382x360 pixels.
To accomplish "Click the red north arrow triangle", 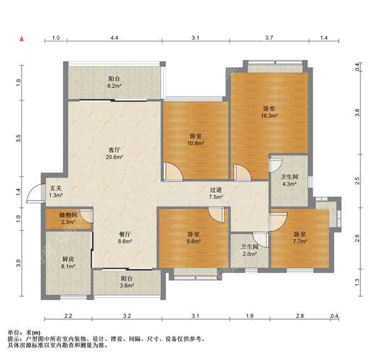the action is [22, 38].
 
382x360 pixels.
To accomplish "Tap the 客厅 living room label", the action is [114, 149].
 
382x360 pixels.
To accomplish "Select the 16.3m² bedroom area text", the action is [269, 116].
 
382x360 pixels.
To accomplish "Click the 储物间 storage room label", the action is [69, 215].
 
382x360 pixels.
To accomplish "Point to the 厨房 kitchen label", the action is [68, 259].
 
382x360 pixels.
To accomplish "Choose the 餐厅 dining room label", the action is [125, 234].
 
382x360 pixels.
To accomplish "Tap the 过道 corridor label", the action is [216, 189].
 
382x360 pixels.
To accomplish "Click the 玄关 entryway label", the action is [56, 188].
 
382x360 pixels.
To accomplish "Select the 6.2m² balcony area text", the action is [115, 86].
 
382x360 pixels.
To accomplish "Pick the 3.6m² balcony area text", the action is [127, 285].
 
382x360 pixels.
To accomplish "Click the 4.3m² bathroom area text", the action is [289, 184].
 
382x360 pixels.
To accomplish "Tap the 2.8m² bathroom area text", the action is [250, 254].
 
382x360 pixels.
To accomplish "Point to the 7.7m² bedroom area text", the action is [300, 241].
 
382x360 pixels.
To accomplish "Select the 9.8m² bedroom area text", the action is [194, 241].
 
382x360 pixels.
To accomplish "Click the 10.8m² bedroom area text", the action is [195, 143].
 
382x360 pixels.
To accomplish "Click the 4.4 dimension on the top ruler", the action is [114, 38].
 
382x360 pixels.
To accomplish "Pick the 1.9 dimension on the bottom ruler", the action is [250, 316].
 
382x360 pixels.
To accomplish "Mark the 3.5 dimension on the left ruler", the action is [18, 138].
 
